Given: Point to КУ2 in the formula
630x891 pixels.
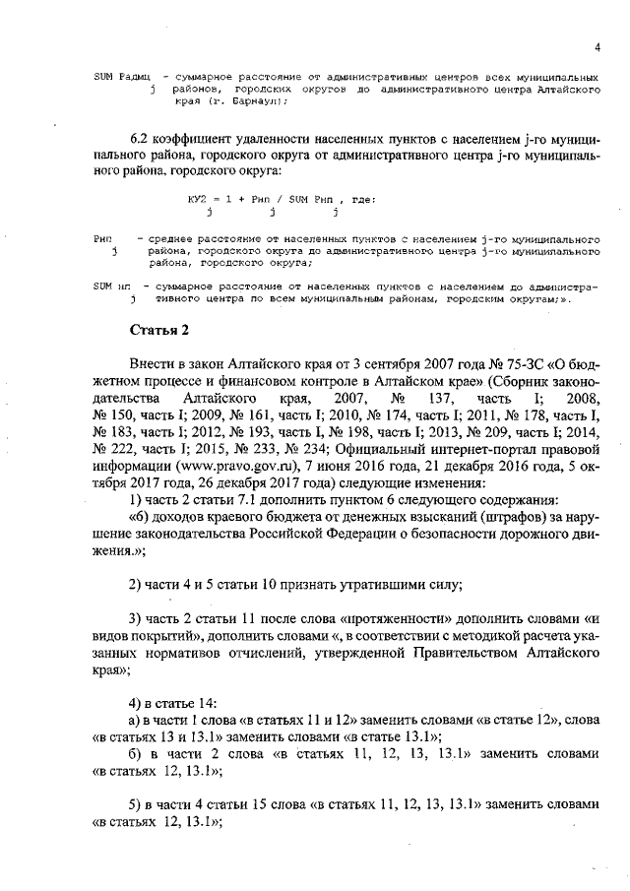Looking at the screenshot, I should (199, 199).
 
